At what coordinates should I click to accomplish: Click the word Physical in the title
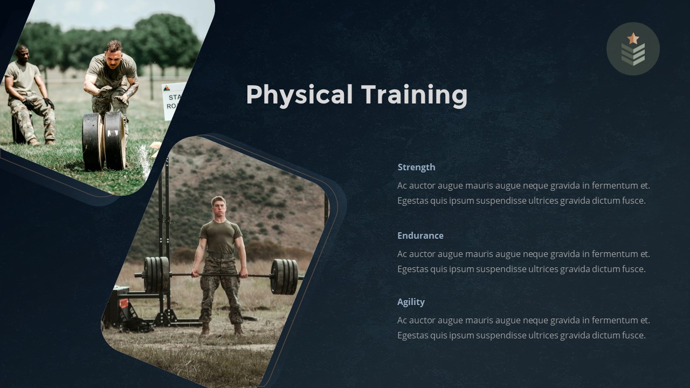click(299, 95)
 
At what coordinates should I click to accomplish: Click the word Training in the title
click(414, 95)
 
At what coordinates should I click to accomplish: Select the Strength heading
click(416, 167)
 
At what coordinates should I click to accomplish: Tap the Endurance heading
click(420, 235)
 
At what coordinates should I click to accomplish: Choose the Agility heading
click(411, 302)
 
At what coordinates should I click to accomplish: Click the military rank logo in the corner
click(633, 49)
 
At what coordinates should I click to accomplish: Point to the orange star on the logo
click(633, 38)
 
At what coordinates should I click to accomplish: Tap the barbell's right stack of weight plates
click(284, 276)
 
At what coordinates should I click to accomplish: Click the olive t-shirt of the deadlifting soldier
click(220, 236)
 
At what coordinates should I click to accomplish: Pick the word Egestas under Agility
click(412, 335)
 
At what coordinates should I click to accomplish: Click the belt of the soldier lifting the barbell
click(221, 255)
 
